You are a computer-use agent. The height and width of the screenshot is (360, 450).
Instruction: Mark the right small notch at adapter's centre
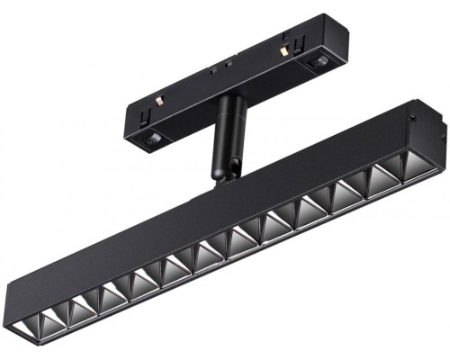click(x=229, y=64)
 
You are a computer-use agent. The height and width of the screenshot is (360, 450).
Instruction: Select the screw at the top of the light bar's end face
click(x=411, y=114)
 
